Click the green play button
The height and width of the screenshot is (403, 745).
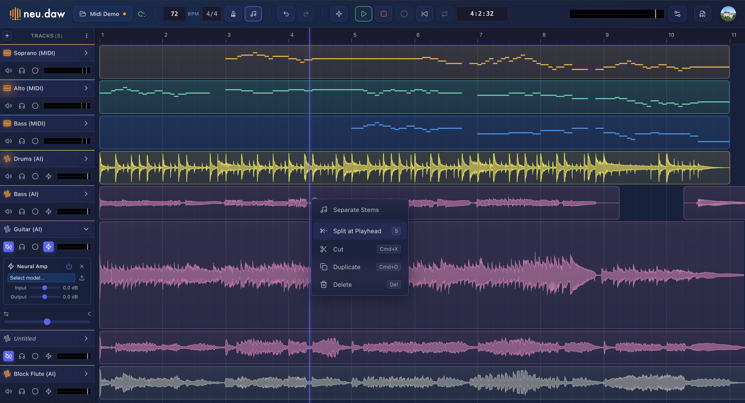point(363,14)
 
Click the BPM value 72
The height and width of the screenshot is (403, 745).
point(174,14)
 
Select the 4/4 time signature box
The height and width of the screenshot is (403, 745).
point(212,14)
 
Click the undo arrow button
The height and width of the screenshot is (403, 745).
point(286,14)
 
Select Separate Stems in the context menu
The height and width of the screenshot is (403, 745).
point(356,210)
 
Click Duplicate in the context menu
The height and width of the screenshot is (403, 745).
point(347,267)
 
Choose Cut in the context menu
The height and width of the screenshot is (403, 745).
point(338,249)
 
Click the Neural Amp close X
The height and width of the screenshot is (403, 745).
point(82,266)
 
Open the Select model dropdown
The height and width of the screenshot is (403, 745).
point(41,278)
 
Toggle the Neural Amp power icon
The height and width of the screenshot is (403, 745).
point(69,266)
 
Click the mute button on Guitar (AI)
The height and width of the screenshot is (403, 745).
point(9,247)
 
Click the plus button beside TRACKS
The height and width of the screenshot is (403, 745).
point(7,35)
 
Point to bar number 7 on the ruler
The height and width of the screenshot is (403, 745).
point(481,35)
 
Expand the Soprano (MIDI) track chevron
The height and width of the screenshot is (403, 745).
point(86,53)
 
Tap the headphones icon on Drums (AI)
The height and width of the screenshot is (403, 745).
point(22,176)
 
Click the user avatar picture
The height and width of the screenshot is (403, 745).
point(728,14)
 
